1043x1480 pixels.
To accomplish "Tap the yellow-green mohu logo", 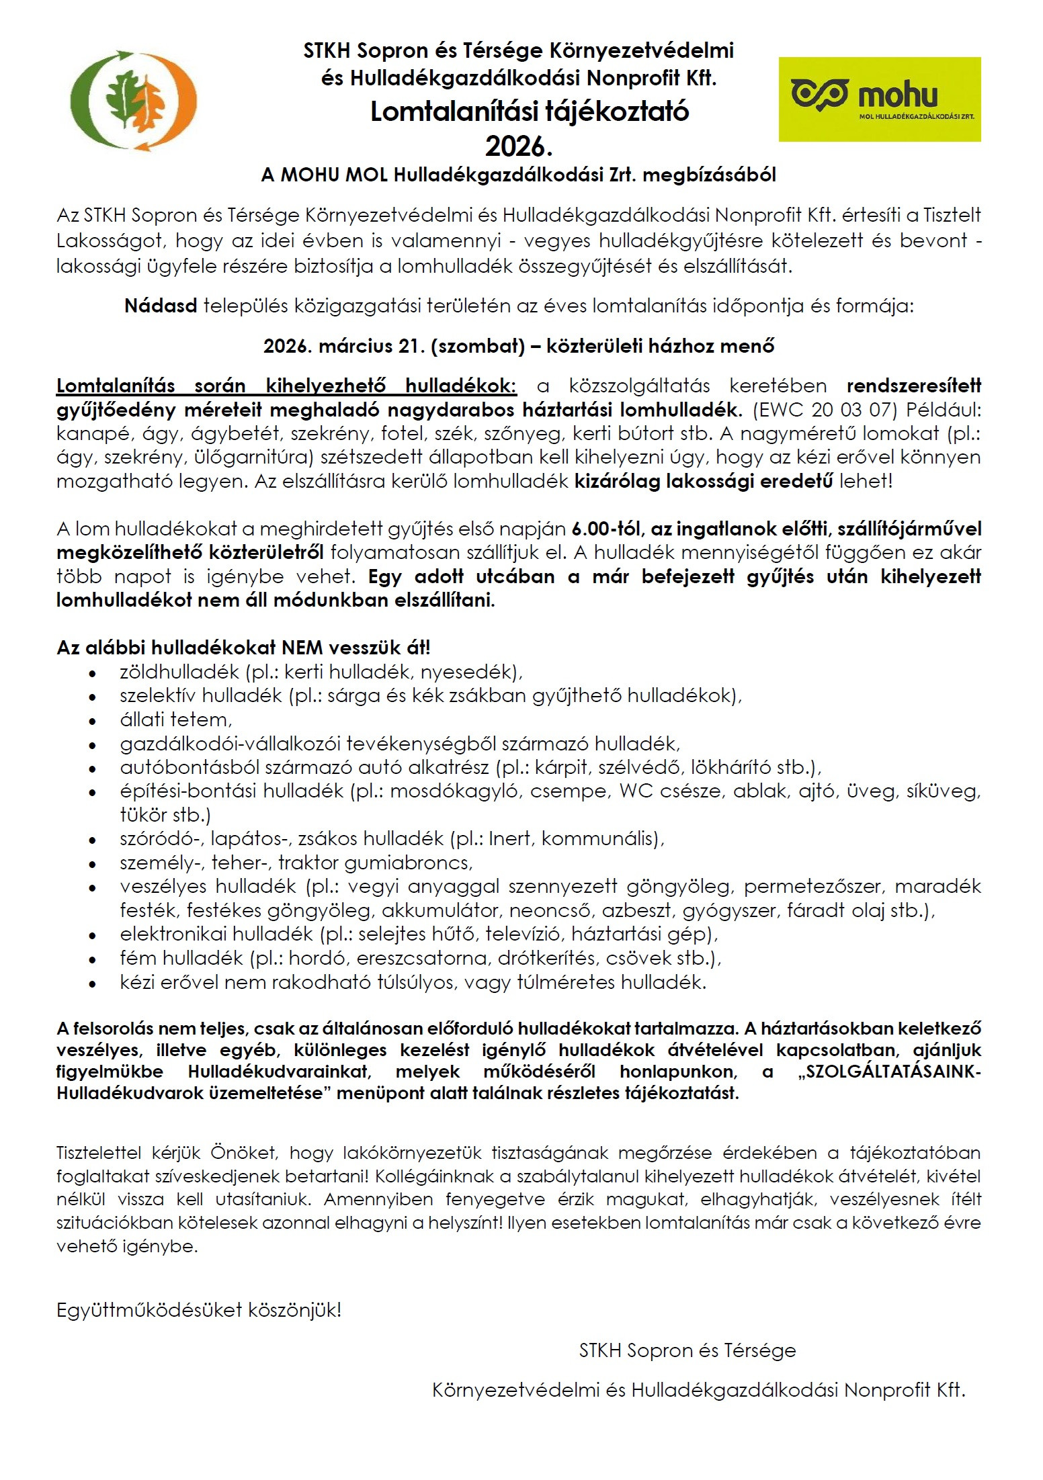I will [879, 99].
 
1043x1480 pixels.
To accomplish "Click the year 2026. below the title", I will [519, 146].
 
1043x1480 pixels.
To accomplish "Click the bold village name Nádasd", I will [161, 306].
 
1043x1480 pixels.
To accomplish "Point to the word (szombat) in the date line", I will [478, 346].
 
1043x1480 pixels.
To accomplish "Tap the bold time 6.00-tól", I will [608, 529].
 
